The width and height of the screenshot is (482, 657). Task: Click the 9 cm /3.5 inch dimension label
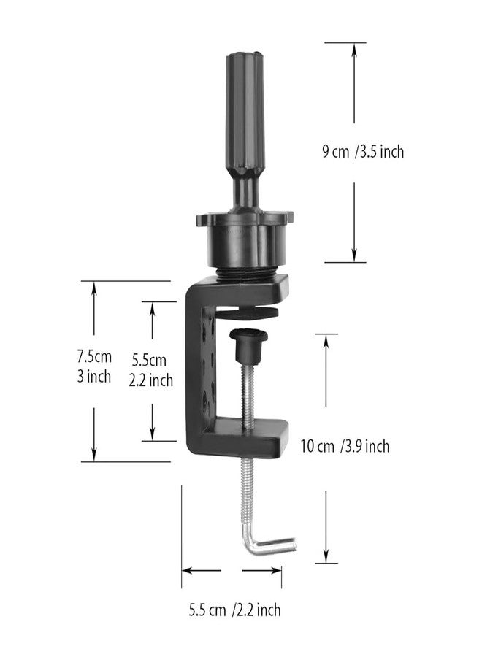[x=363, y=152]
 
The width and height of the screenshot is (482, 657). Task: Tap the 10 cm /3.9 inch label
[x=345, y=446]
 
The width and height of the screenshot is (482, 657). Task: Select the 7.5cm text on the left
[x=94, y=357]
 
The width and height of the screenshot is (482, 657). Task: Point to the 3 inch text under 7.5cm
[x=94, y=377]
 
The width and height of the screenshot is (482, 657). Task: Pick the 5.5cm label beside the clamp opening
[x=150, y=360]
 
